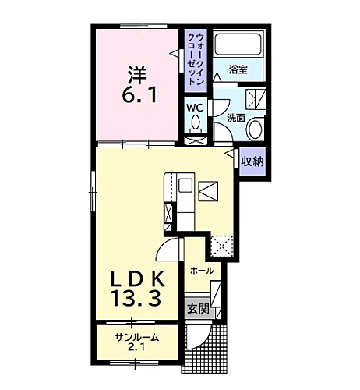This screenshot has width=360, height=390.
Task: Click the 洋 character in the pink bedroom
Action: [137, 75]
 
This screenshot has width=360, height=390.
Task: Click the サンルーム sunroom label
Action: [136, 337]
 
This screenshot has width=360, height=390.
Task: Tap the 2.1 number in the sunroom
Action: [137, 348]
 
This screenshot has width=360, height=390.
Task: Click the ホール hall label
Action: [202, 270]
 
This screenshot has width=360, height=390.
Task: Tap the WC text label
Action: [195, 108]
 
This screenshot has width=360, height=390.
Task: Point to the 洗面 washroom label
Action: [236, 117]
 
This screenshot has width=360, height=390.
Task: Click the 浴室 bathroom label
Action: [238, 69]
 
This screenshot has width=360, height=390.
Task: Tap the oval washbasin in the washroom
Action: [257, 130]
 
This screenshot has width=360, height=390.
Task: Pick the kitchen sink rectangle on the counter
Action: [185, 186]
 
